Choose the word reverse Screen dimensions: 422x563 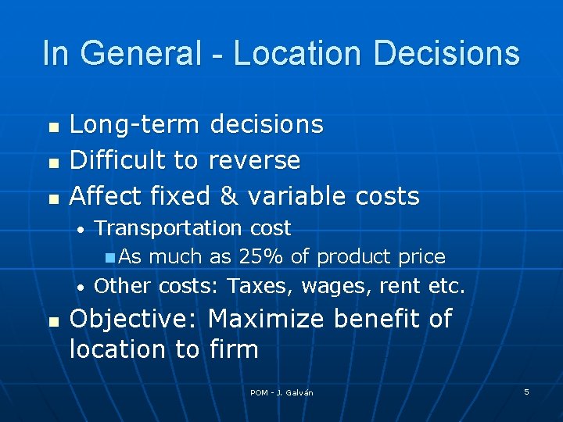[x=254, y=160]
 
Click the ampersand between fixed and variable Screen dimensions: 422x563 [x=229, y=195]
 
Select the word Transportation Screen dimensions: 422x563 [x=168, y=228]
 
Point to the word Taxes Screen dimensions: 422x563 [x=260, y=286]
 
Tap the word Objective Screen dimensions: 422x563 [x=134, y=320]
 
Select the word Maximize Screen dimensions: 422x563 [x=267, y=319]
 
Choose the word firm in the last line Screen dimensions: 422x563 [x=235, y=349]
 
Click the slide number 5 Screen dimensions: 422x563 [x=526, y=392]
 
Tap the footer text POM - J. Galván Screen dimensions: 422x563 [x=281, y=392]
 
